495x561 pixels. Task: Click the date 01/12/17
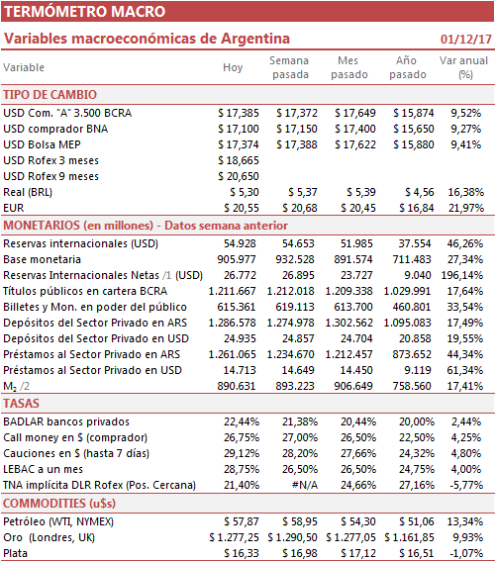coord(466,39)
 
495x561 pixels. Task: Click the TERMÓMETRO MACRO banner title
coord(84,12)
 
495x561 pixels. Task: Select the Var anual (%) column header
coord(464,67)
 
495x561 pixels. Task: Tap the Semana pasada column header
coord(289,67)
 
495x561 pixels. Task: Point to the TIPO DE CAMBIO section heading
coord(50,95)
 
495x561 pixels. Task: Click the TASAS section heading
coord(21,404)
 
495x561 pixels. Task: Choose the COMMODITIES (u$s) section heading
coord(59,504)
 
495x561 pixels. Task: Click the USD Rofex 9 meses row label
coord(50,176)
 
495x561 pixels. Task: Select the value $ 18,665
coord(239,160)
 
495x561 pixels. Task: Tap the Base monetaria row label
coord(43,259)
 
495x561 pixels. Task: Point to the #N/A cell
coord(305,485)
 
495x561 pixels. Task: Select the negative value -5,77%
coord(466,485)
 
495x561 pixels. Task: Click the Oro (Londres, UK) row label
coord(49,537)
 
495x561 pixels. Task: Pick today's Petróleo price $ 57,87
coord(242,521)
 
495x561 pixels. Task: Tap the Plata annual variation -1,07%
coord(466,553)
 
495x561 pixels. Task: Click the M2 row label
coord(16,387)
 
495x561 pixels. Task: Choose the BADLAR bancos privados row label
coord(66,421)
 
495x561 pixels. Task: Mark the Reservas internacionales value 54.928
coord(240,243)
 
